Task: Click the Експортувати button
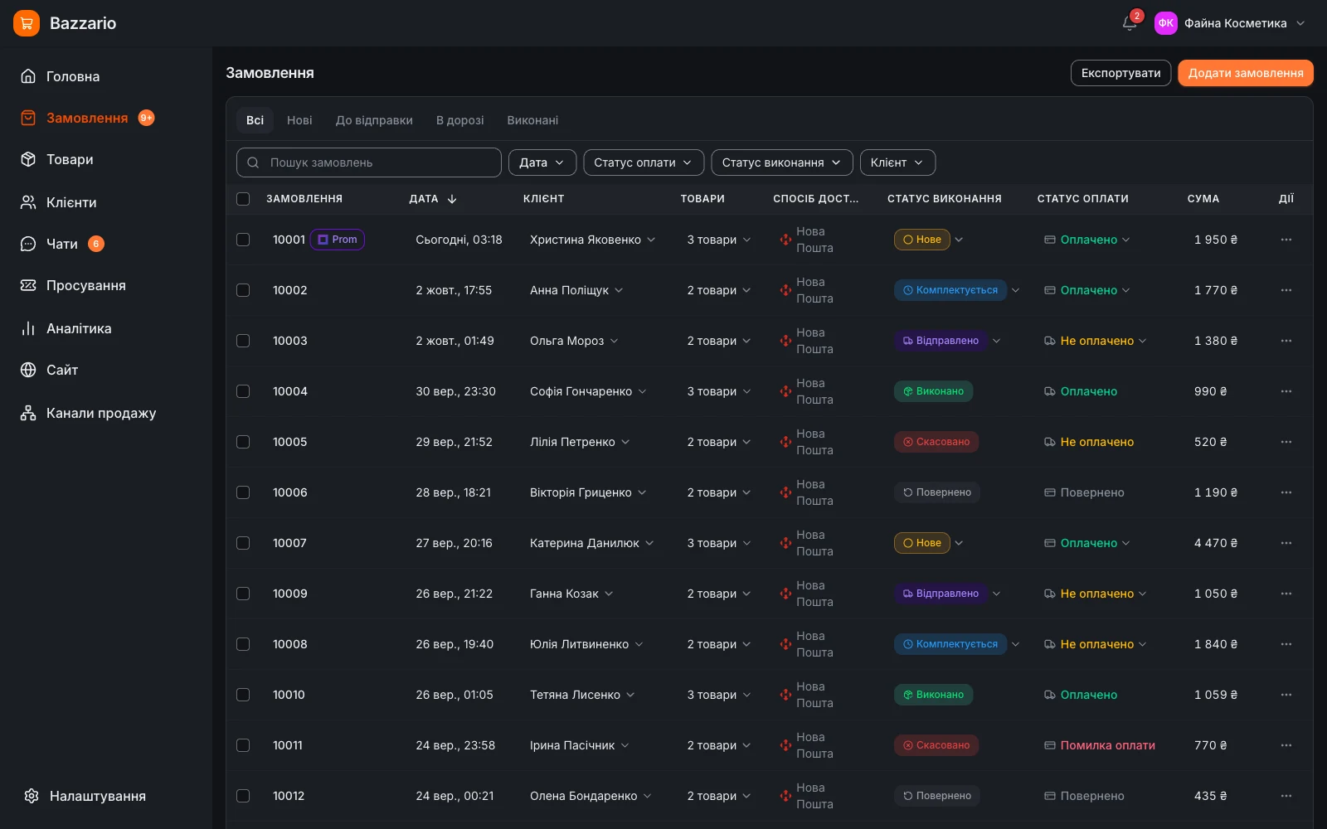pyautogui.click(x=1120, y=73)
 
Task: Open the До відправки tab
pyautogui.click(x=374, y=120)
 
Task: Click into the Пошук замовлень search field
pyautogui.click(x=368, y=162)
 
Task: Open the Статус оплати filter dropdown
pyautogui.click(x=644, y=162)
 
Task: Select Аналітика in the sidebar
pyautogui.click(x=79, y=328)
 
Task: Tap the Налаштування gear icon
pyautogui.click(x=32, y=796)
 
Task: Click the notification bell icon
pyautogui.click(x=1129, y=23)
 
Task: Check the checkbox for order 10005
pyautogui.click(x=243, y=442)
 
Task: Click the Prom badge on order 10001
pyautogui.click(x=337, y=240)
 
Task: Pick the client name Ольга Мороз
pyautogui.click(x=566, y=341)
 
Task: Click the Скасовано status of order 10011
pyautogui.click(x=936, y=745)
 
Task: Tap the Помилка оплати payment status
pyautogui.click(x=1107, y=745)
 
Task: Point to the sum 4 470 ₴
pyautogui.click(x=1216, y=543)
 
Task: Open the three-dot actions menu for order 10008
pyautogui.click(x=1286, y=644)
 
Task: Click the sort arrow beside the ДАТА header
pyautogui.click(x=452, y=199)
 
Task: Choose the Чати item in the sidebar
pyautogui.click(x=61, y=244)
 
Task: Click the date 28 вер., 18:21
pyautogui.click(x=453, y=492)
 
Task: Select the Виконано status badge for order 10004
pyautogui.click(x=933, y=391)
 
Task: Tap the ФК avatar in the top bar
pyautogui.click(x=1165, y=23)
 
